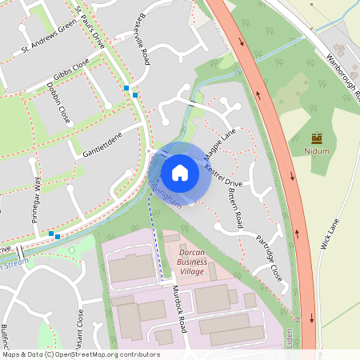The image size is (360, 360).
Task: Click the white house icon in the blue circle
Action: coord(180,172)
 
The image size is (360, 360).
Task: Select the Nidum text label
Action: coord(317,150)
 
